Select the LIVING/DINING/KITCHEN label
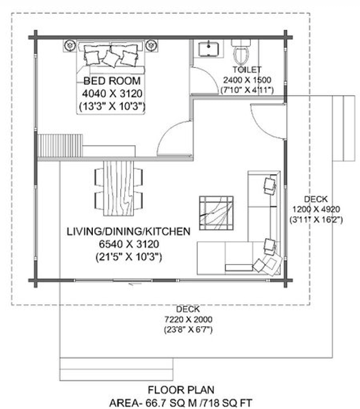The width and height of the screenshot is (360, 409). pos(128,232)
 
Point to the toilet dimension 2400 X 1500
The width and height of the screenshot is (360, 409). pos(245,79)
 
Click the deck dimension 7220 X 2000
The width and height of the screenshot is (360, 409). pos(188,318)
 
